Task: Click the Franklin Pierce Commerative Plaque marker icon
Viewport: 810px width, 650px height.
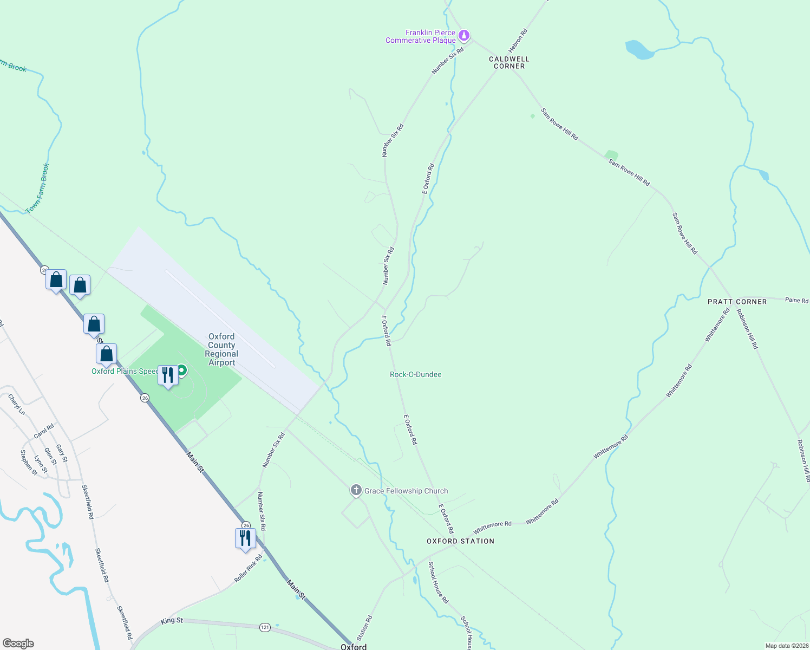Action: [x=463, y=36]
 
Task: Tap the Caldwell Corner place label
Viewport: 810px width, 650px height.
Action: [x=509, y=62]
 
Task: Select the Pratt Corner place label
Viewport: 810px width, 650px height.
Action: [x=737, y=302]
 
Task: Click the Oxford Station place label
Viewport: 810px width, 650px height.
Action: [x=460, y=541]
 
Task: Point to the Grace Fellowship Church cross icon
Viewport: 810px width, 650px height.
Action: [x=356, y=491]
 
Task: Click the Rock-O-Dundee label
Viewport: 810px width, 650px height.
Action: [x=415, y=374]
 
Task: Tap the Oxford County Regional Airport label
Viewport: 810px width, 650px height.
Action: [x=221, y=349]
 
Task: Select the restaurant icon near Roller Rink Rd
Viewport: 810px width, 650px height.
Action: [x=245, y=538]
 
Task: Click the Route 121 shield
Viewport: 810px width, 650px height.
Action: [x=265, y=627]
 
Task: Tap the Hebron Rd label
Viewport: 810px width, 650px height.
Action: [x=518, y=40]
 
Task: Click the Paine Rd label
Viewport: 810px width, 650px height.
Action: [x=796, y=300]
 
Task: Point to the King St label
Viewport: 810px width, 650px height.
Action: [x=172, y=621]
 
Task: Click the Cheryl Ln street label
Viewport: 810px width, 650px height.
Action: [x=17, y=405]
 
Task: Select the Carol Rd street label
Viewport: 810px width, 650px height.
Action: [x=44, y=431]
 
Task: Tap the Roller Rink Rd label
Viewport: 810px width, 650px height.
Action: [x=248, y=568]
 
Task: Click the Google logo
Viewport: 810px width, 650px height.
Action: [x=18, y=643]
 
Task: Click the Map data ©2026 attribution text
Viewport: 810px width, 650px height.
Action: [x=786, y=646]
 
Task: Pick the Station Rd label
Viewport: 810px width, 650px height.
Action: [x=364, y=627]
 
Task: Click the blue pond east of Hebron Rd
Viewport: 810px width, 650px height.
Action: [x=639, y=50]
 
